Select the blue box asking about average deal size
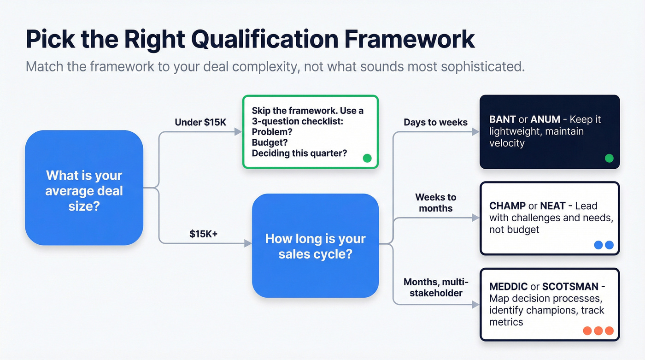(84, 188)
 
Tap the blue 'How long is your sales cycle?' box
(315, 246)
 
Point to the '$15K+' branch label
(203, 234)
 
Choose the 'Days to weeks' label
(435, 122)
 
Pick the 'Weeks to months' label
(435, 203)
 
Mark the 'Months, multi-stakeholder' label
(436, 287)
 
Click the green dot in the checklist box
(367, 158)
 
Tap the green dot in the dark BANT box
(609, 159)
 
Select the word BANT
(503, 119)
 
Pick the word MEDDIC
(508, 287)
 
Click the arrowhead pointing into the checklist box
(238, 132)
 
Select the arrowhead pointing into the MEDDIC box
(476, 305)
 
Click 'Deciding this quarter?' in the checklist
(299, 153)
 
